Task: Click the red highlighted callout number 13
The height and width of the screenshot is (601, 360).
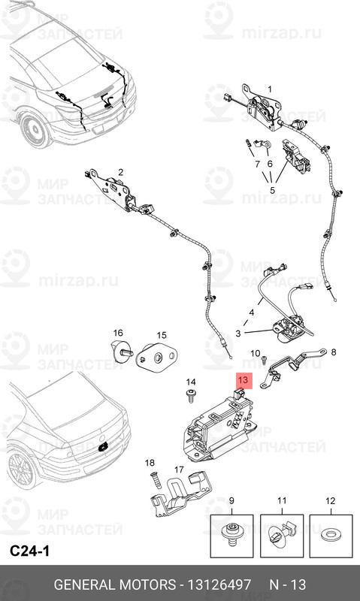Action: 242,381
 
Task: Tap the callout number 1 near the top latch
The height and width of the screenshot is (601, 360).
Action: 270,89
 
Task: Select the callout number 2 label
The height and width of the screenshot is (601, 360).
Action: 121,171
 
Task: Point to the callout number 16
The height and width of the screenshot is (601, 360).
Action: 117,333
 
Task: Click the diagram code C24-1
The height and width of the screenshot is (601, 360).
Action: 30,551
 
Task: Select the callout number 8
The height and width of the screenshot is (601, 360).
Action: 334,352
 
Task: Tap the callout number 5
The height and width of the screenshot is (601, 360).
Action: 271,190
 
